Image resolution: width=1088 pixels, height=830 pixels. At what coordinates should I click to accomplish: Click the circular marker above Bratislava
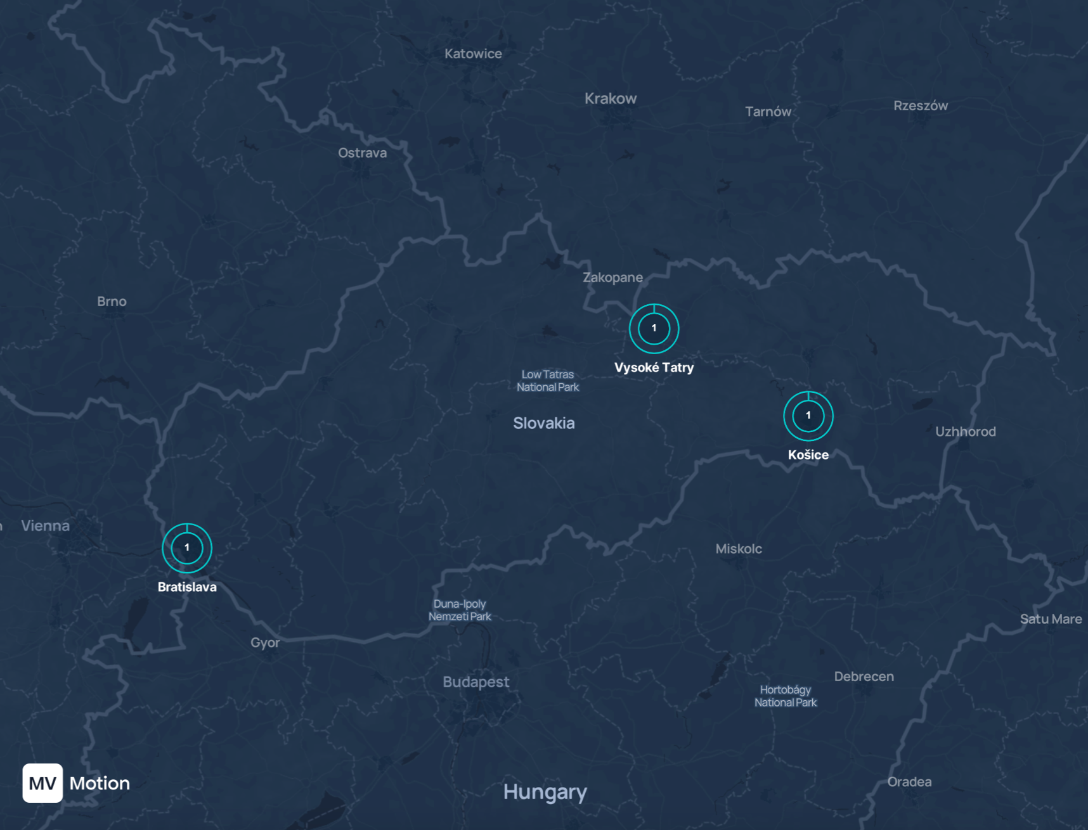187,548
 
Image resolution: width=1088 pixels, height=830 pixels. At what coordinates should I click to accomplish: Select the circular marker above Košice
808,416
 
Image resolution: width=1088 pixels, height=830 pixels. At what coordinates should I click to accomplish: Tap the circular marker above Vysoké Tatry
654,328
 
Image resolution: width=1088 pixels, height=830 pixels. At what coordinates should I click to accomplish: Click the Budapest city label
476,682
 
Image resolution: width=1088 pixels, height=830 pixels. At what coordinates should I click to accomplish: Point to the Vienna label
45,526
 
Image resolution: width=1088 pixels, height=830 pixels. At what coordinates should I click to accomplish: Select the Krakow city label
611,99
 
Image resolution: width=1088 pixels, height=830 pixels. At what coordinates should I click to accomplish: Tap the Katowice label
473,54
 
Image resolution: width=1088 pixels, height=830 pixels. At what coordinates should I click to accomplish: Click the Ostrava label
362,153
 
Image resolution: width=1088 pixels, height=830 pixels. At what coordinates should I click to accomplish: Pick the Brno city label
112,302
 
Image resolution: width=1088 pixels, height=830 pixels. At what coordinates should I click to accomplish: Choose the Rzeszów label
921,106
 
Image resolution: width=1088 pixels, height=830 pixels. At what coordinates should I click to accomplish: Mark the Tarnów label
768,112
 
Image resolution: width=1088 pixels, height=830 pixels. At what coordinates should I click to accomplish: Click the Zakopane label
612,278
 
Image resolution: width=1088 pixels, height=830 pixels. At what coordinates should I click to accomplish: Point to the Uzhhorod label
966,431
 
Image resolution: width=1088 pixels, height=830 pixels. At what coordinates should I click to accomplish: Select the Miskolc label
739,549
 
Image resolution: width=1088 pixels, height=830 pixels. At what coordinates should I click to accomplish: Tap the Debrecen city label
864,677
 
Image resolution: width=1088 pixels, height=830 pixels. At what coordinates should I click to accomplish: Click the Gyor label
265,642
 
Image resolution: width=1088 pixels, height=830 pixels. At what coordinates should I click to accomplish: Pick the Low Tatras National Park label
548,381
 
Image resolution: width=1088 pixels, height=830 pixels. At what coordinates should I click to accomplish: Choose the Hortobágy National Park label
786,696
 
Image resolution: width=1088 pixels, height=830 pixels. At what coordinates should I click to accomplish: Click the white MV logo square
42,783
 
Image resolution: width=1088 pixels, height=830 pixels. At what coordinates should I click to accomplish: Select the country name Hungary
545,792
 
